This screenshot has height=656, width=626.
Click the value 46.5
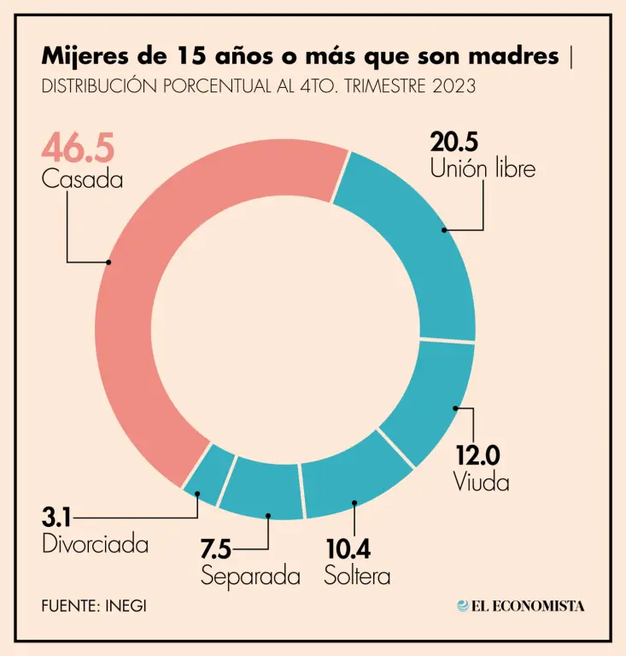pyautogui.click(x=78, y=148)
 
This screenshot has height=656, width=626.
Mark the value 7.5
pyautogui.click(x=221, y=548)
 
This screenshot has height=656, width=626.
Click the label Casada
pyautogui.click(x=82, y=180)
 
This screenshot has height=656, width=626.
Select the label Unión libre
pyautogui.click(x=483, y=168)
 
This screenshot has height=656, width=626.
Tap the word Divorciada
pyautogui.click(x=95, y=544)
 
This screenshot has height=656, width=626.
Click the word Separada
pyautogui.click(x=250, y=576)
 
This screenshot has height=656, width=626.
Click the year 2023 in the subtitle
pyautogui.click(x=453, y=87)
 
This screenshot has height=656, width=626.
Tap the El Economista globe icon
pyautogui.click(x=463, y=606)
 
